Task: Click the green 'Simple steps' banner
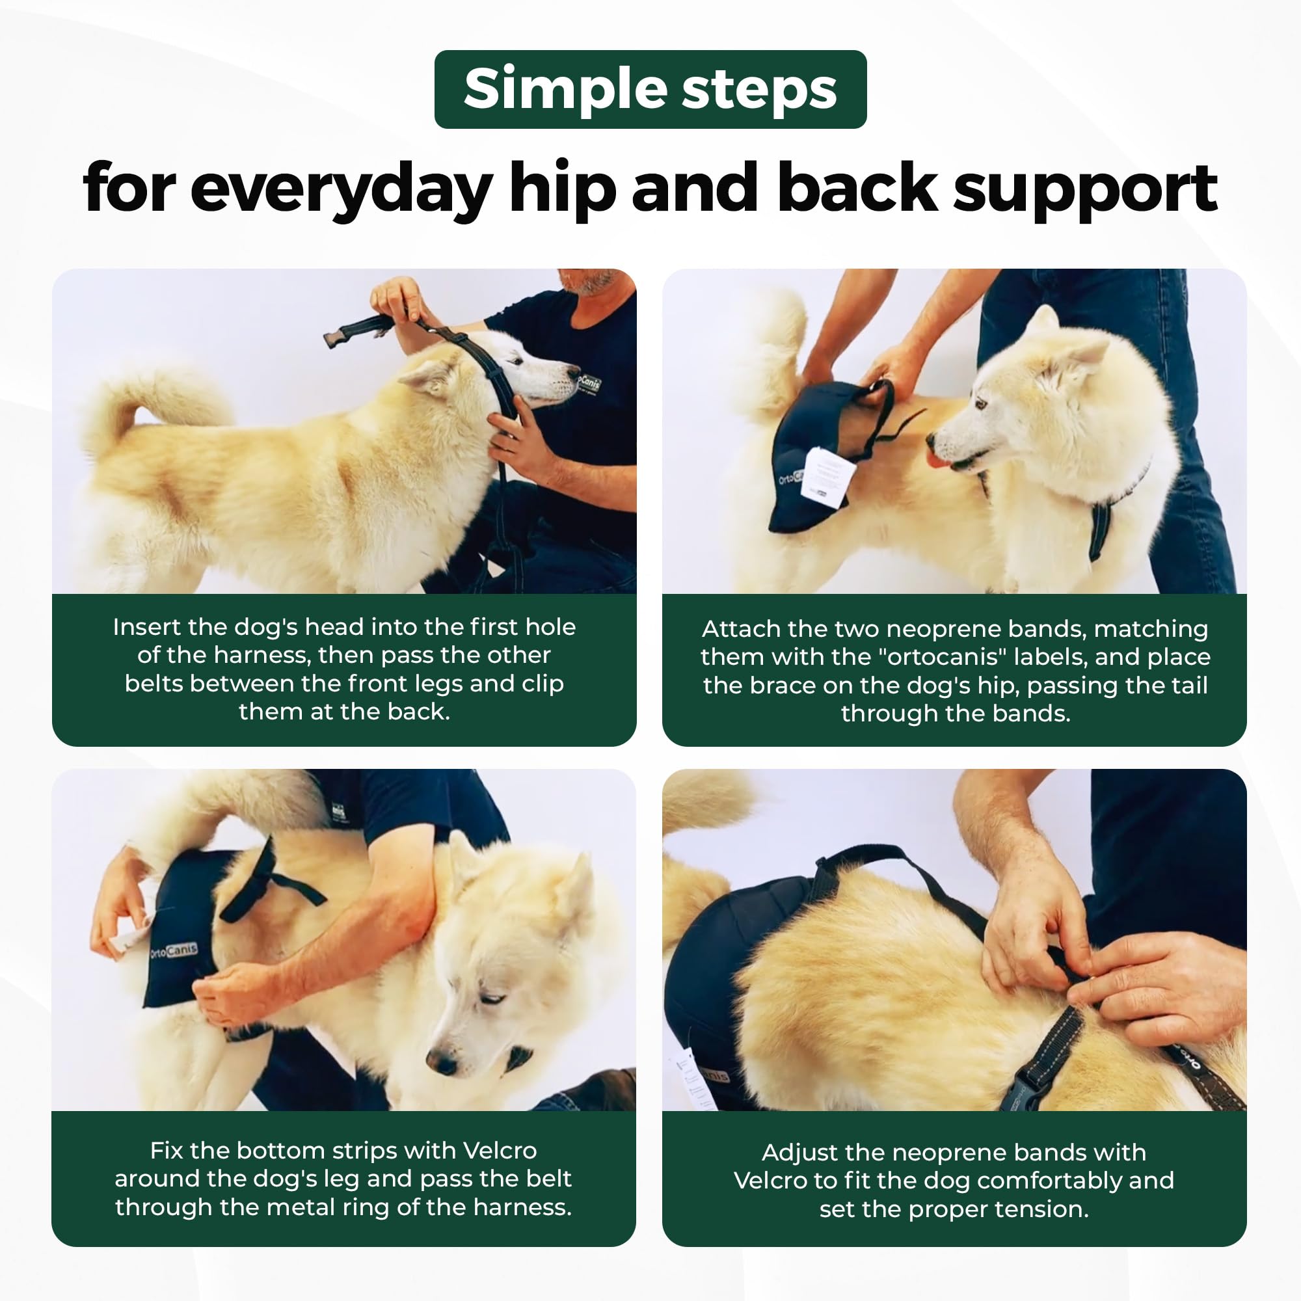coord(650,89)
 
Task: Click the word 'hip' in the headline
coord(562,189)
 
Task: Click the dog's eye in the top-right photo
coord(981,404)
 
